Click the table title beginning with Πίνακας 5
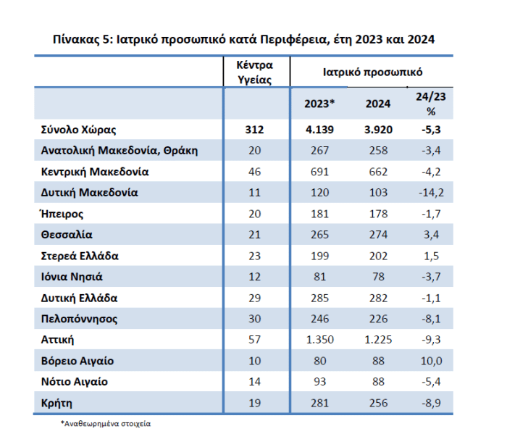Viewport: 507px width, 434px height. pos(245,38)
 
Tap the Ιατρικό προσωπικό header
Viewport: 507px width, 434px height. pos(373,72)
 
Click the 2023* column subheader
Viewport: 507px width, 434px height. pos(319,104)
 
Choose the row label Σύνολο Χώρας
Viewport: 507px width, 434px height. pos(78,130)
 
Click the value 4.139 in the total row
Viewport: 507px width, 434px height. pos(319,130)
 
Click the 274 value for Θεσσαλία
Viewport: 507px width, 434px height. pos(378,235)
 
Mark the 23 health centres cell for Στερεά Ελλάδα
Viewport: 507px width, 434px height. pos(256,256)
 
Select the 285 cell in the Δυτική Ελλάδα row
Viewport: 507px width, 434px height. pos(319,298)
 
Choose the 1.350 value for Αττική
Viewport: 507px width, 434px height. pos(319,340)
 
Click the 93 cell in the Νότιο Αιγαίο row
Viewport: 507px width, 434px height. pos(319,381)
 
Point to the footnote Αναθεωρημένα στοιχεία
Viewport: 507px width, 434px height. pos(110,422)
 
